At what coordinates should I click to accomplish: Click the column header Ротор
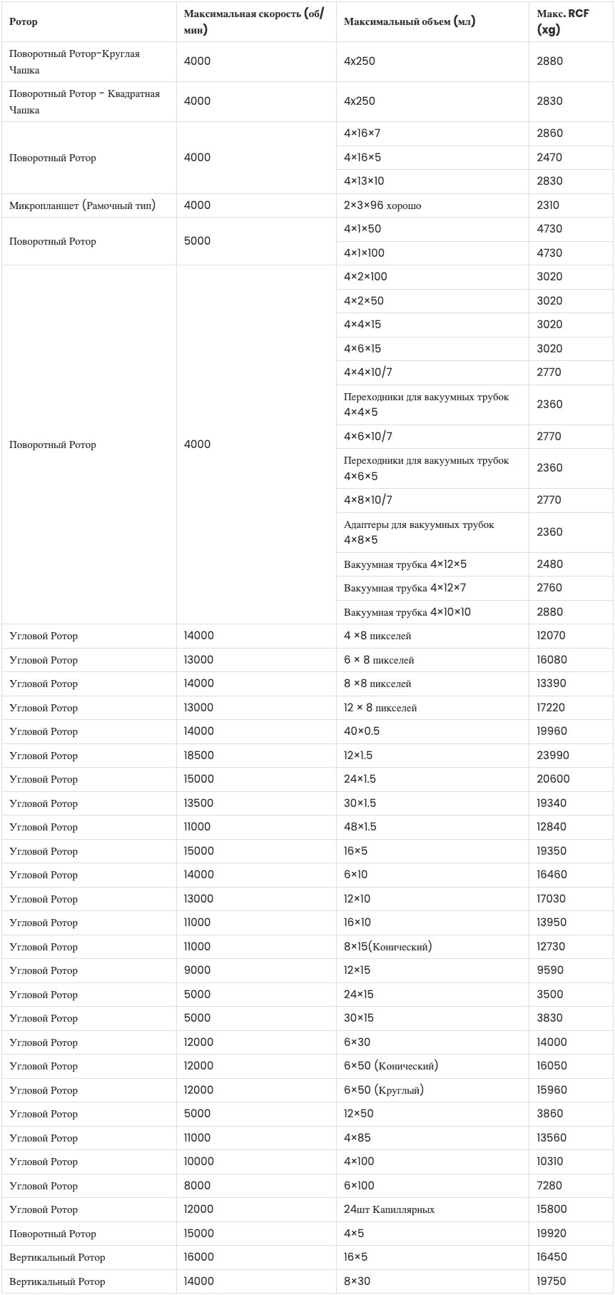pos(24,21)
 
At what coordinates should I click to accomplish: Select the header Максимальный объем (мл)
pos(409,21)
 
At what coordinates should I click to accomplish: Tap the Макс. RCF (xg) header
pos(562,21)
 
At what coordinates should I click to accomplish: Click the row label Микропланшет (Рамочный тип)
pos(82,205)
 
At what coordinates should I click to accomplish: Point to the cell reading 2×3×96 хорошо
pos(382,205)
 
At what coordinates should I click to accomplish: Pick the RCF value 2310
pos(548,205)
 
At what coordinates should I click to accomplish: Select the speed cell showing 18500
pos(198,756)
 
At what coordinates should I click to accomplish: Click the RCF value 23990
pos(553,756)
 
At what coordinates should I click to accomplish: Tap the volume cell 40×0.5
pos(362,731)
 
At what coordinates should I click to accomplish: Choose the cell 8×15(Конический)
pos(387,947)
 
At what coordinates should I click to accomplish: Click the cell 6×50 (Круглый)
pos(384,1090)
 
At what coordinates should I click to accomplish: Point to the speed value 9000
pos(197,970)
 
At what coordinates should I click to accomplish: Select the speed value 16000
pos(198,1257)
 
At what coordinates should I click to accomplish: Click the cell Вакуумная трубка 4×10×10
pos(407,612)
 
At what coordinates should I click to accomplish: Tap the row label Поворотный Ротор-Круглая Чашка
pos(74,61)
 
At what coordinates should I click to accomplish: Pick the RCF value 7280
pos(549,1186)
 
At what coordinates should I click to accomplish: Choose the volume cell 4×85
pos(357,1138)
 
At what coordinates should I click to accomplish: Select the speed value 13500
pos(198,803)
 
